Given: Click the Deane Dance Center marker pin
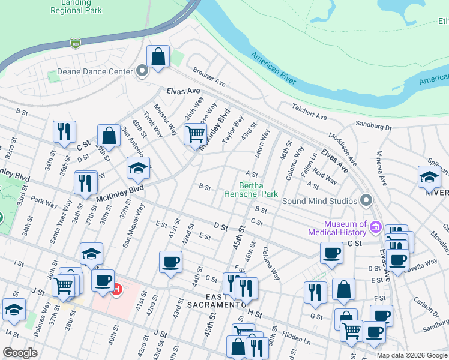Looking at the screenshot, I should (x=142, y=72).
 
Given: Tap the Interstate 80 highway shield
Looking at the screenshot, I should (x=75, y=43).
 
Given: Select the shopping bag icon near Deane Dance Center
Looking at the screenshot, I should (x=158, y=58).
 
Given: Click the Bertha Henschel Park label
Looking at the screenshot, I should (x=251, y=190).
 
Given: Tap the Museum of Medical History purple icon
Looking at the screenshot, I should (x=376, y=227).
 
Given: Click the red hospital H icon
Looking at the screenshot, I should (x=118, y=290).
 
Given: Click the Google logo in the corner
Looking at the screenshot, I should (x=19, y=353).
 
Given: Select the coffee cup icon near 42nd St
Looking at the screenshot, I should (x=170, y=262).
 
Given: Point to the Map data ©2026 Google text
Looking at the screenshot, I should (x=412, y=355).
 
